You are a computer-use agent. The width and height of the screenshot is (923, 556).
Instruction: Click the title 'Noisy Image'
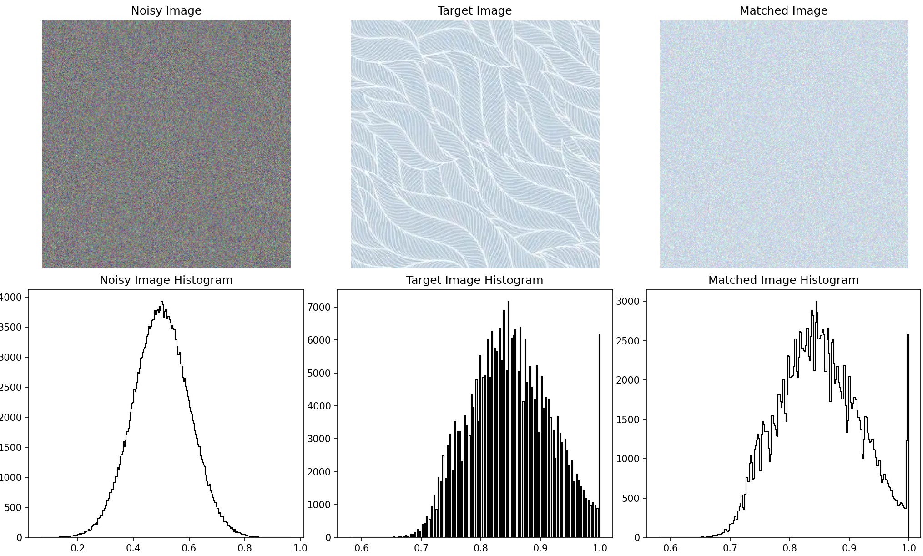point(166,11)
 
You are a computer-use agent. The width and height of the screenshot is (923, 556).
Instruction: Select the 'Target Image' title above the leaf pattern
point(474,11)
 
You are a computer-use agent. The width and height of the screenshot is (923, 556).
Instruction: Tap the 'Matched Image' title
point(783,11)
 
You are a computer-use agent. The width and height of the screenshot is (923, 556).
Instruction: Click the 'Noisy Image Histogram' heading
point(166,280)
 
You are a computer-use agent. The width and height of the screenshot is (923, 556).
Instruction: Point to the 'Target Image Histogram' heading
point(474,280)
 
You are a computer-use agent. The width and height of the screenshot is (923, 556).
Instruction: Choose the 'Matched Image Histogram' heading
point(783,280)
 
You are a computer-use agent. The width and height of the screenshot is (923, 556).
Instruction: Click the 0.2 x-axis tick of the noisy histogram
point(78,547)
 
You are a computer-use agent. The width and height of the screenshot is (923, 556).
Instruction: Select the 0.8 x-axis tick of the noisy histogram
point(245,547)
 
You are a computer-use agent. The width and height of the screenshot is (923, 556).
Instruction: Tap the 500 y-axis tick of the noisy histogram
point(13,507)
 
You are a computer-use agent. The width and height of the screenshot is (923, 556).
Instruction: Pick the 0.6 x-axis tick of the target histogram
point(362,547)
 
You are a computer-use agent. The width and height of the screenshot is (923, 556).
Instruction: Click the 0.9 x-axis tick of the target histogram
point(540,547)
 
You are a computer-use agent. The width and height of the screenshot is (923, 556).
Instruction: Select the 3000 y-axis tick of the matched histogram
point(628,301)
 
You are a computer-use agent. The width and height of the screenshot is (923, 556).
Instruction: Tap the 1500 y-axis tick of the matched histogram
point(628,420)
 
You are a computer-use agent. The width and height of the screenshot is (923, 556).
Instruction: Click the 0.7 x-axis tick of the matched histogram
point(730,547)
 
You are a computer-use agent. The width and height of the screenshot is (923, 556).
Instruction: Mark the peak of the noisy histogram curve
point(161,302)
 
